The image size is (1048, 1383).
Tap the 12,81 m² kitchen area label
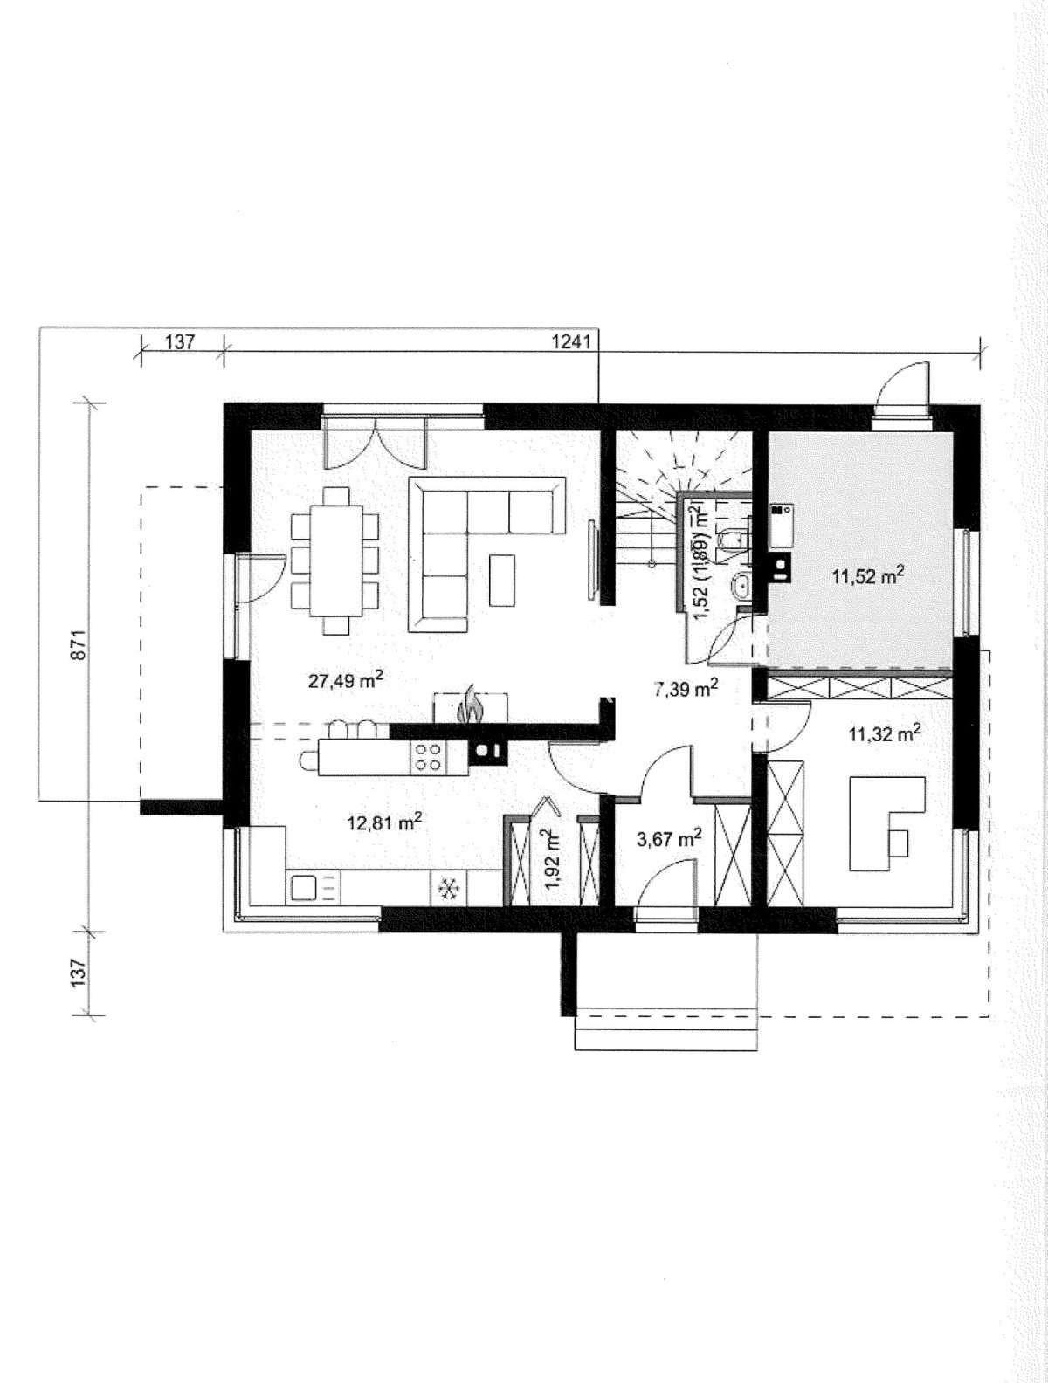click(x=384, y=822)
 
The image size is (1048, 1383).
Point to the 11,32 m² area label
click(x=885, y=733)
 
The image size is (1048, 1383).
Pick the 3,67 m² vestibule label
click(x=669, y=839)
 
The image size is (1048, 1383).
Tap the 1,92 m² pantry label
click(x=554, y=861)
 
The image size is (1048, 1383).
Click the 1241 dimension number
click(x=571, y=342)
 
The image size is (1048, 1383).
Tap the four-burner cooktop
click(x=429, y=758)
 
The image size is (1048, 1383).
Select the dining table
click(x=335, y=560)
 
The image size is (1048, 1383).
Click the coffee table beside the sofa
click(x=501, y=580)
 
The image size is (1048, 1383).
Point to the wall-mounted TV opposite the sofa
click(x=592, y=558)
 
